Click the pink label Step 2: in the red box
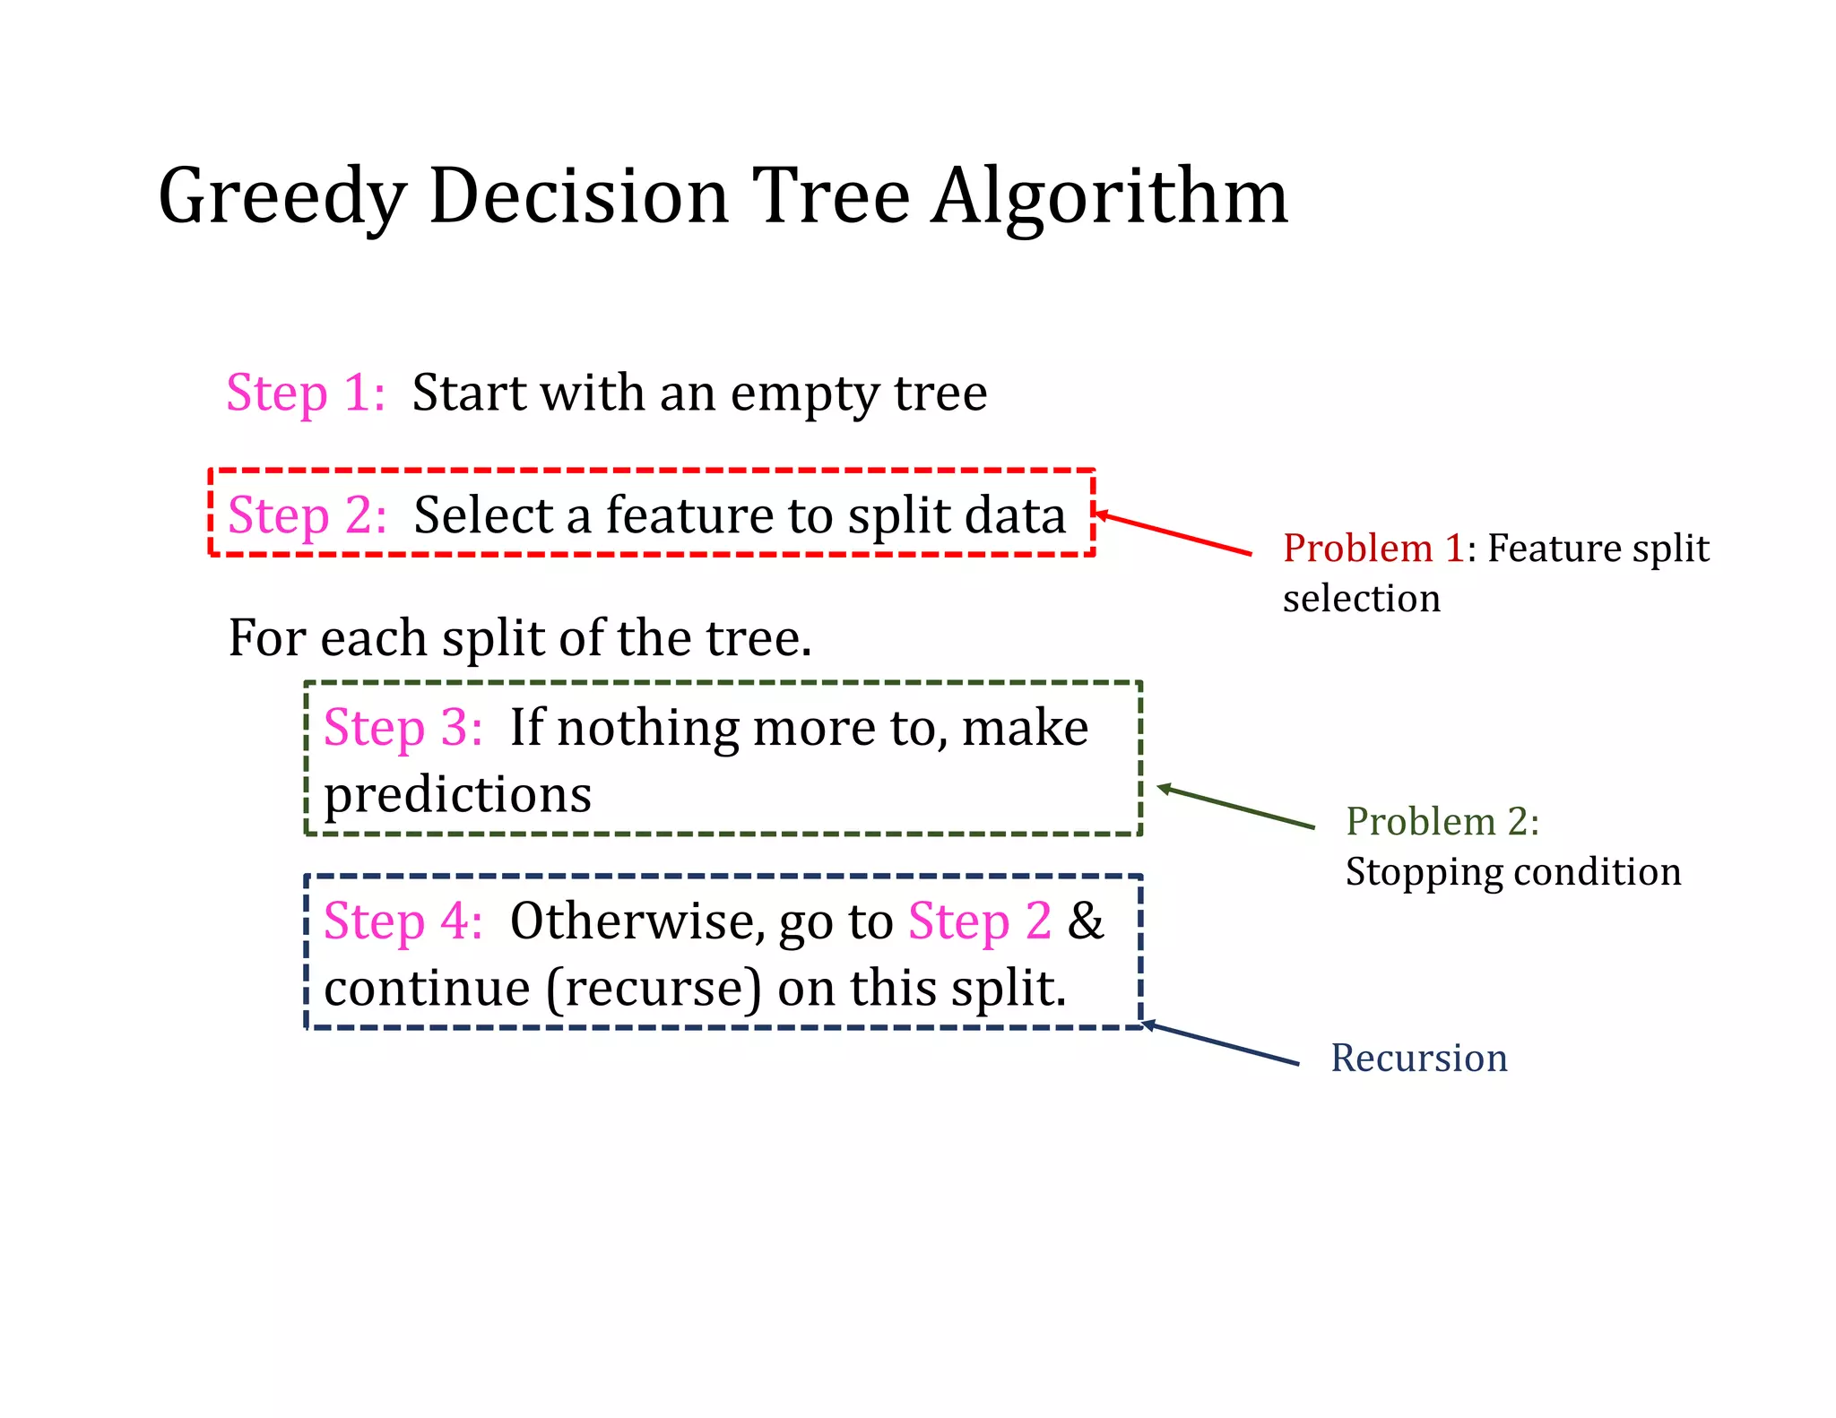(307, 515)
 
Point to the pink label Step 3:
(403, 727)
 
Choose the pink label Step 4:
(403, 921)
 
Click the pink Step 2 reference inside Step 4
(980, 921)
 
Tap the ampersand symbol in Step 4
(1086, 921)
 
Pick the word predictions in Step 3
(457, 795)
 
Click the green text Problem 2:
(1442, 821)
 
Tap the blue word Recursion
(1419, 1059)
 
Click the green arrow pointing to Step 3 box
(1235, 808)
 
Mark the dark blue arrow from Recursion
(1220, 1044)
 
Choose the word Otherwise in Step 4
(636, 921)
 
